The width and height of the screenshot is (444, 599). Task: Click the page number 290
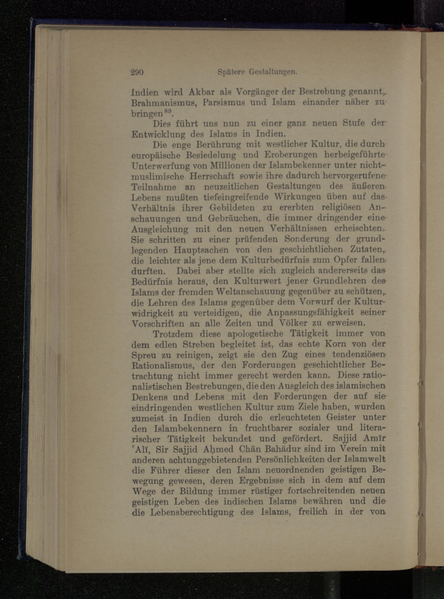point(137,72)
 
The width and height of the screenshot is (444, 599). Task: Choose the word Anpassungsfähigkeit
point(307,313)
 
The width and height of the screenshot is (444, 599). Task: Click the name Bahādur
point(298,449)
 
